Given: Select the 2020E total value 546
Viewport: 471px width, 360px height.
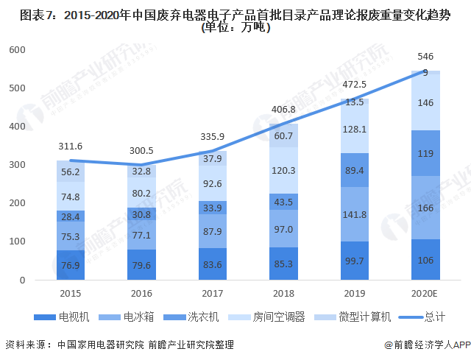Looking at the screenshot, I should point(425,56).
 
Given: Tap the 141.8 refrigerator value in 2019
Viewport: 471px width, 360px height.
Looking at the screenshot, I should point(355,215).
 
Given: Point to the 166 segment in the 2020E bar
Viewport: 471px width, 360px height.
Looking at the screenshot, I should point(425,208).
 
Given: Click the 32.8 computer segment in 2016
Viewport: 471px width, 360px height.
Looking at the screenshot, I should point(141,170).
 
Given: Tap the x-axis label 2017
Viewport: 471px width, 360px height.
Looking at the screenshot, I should point(213,293).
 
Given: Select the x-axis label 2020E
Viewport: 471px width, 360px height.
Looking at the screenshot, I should point(425,293).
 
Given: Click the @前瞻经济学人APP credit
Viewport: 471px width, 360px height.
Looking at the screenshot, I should point(422,345).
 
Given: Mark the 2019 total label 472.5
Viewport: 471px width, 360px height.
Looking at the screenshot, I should point(355,84).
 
